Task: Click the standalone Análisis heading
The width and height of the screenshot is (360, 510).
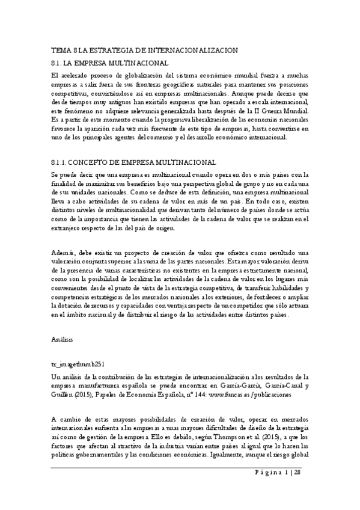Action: click(x=63, y=340)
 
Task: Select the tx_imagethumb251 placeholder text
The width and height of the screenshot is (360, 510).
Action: click(x=79, y=364)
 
